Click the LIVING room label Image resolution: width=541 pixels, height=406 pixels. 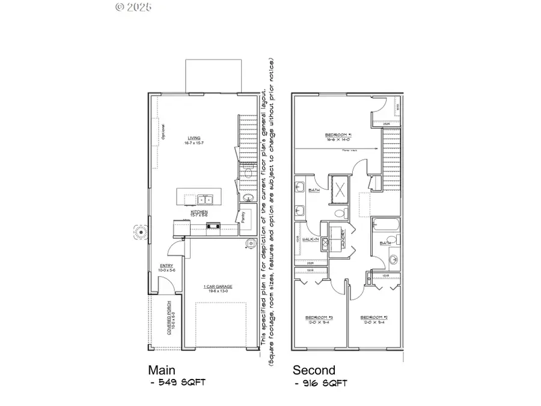(x=193, y=138)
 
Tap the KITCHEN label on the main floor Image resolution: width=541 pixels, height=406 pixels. (x=199, y=212)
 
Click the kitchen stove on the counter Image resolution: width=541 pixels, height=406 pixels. (x=212, y=226)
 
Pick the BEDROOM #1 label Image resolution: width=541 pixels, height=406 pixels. (x=338, y=135)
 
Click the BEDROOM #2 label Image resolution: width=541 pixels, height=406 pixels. (x=373, y=317)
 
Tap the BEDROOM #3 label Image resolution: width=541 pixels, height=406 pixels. (x=320, y=317)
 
